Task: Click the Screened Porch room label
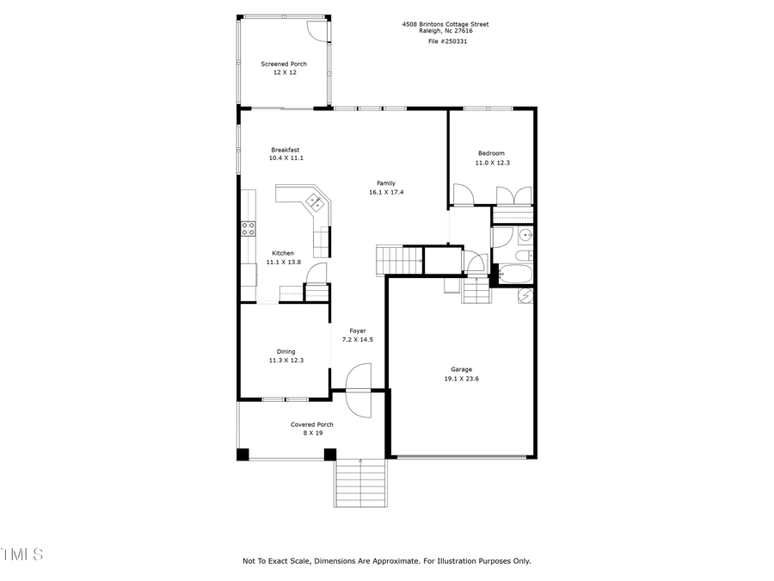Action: pos(284,64)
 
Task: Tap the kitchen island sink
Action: pos(316,202)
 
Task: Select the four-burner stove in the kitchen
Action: pos(248,228)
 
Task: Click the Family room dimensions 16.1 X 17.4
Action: pos(386,192)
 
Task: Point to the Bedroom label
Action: pos(492,153)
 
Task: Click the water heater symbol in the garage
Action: pos(525,296)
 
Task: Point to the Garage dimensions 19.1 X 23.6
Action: pos(461,379)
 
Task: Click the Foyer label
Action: pos(358,331)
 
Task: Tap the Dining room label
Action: pos(286,351)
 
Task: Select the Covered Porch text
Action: pos(311,424)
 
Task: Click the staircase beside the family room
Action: pos(398,258)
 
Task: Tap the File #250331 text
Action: pos(446,40)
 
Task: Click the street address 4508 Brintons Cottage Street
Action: pos(445,24)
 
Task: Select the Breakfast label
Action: pos(286,150)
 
